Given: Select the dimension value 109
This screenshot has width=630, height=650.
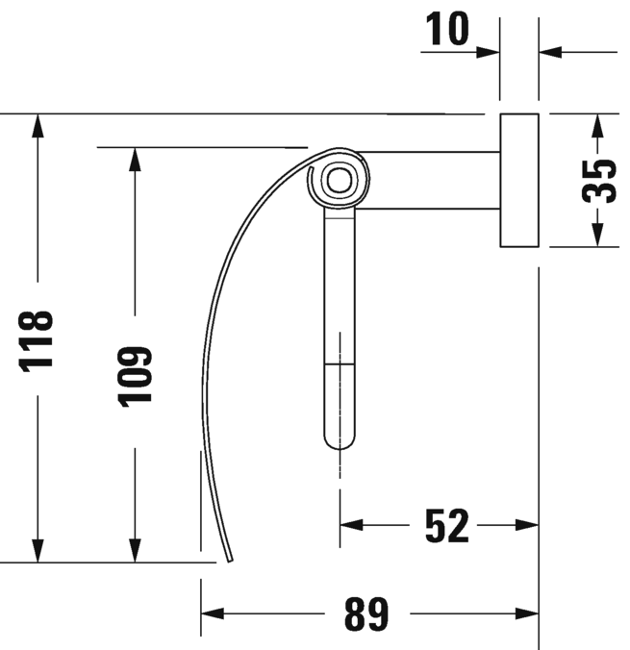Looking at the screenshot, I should click(136, 376).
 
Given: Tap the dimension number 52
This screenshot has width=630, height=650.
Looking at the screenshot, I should click(446, 525).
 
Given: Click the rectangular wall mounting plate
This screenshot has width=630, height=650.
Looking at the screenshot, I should click(518, 180).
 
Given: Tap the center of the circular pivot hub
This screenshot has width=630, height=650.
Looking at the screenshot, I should click(337, 178).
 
